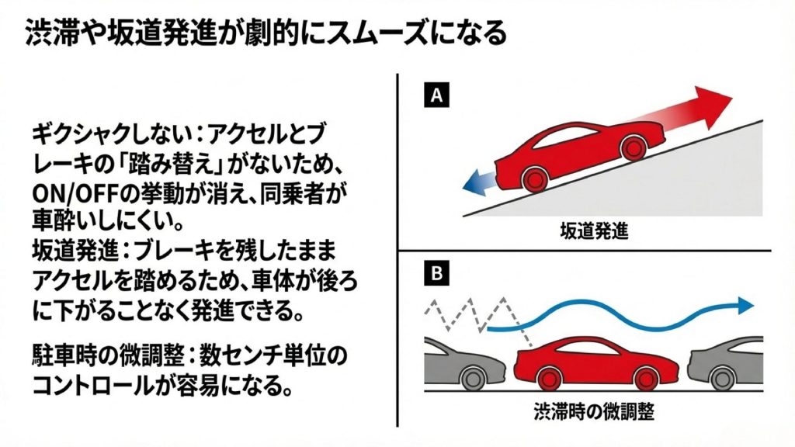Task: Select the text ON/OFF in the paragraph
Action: tap(68, 192)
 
